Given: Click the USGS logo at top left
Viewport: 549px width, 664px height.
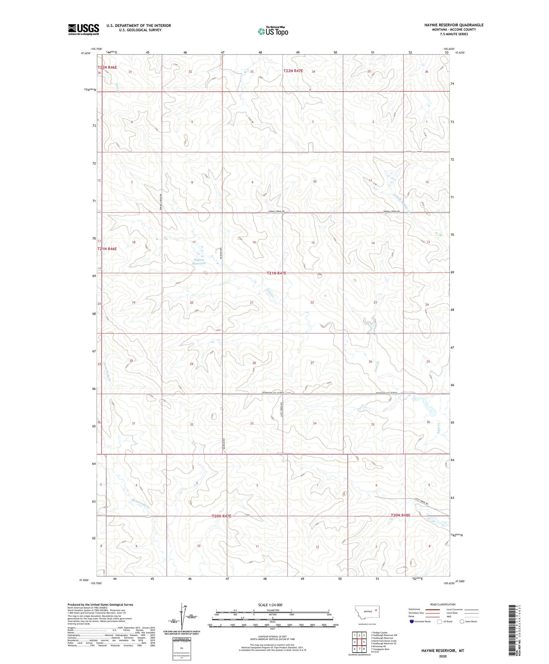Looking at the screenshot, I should click(x=83, y=29).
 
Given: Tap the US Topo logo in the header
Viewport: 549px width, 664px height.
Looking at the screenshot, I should click(x=273, y=31).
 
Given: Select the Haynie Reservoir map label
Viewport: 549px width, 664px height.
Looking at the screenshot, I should click(x=199, y=261).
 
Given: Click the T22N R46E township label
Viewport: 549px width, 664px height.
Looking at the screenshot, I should click(x=107, y=67).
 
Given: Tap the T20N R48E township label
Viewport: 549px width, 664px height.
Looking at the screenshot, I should click(x=400, y=515).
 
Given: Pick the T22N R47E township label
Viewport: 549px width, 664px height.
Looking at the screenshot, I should click(x=293, y=71).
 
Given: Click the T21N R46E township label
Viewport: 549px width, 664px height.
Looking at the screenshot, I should click(x=107, y=249).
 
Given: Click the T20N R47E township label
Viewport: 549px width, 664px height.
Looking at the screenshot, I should click(x=222, y=516).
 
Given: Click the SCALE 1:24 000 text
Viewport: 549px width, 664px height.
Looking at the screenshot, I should click(x=270, y=605).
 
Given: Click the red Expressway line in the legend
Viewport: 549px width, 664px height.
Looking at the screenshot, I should click(x=432, y=609).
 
